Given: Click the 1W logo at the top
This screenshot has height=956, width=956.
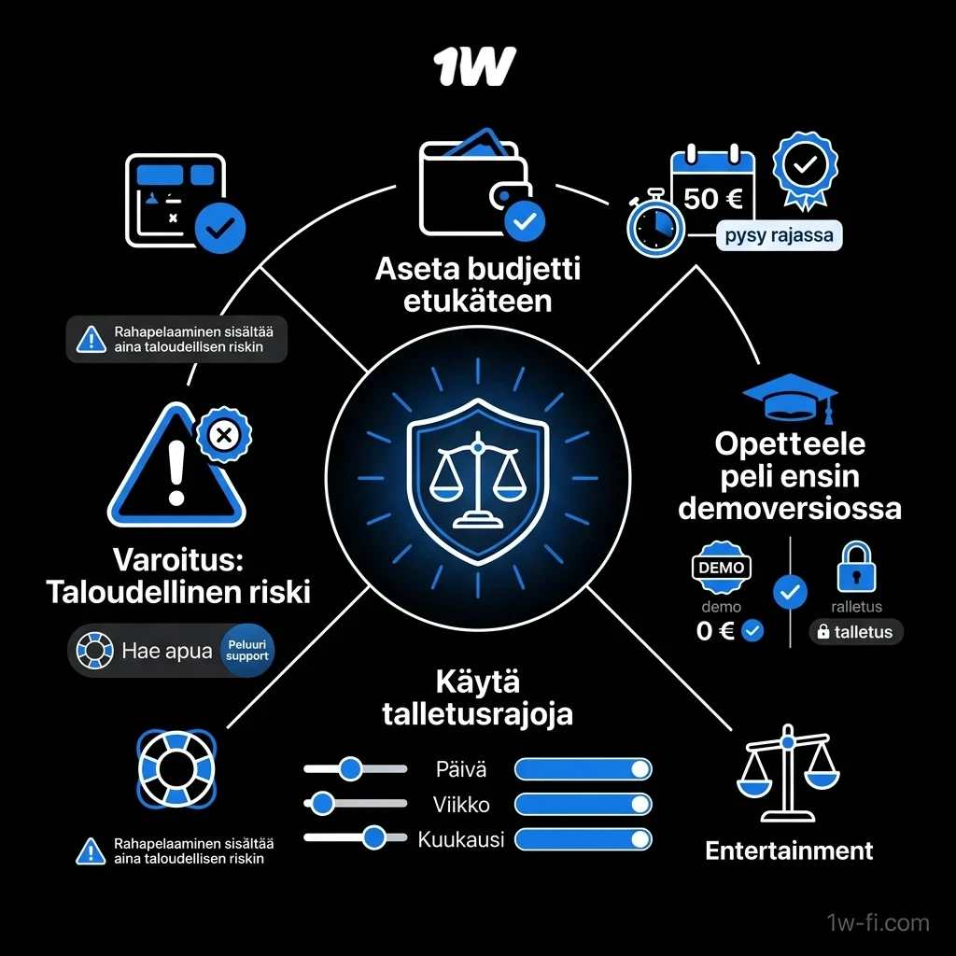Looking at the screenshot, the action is [475, 66].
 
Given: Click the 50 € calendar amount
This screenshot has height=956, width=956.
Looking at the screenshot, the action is [712, 199].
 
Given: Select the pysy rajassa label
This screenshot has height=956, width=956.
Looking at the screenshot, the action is [780, 235].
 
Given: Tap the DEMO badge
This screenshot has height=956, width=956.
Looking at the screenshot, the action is [722, 568].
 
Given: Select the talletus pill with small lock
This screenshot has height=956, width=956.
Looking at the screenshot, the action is [856, 632].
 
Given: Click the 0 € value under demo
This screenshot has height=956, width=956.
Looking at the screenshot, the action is [715, 631].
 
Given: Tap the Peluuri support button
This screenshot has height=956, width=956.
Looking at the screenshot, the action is [246, 651].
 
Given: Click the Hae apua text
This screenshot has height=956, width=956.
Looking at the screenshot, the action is [166, 651].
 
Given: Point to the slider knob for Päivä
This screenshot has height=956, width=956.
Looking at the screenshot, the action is [351, 769].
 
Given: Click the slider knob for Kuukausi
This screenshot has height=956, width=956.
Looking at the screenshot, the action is [373, 837].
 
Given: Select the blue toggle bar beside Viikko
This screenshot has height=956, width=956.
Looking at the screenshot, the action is [583, 804].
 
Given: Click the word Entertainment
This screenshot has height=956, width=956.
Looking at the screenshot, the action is [789, 851].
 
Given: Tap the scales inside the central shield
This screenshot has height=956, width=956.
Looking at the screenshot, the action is [478, 479].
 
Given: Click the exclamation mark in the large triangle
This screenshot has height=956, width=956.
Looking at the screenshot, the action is [176, 473].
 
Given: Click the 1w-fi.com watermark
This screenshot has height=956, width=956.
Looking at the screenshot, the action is [878, 922].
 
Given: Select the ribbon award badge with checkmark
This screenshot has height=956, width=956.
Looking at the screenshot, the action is [806, 171].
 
